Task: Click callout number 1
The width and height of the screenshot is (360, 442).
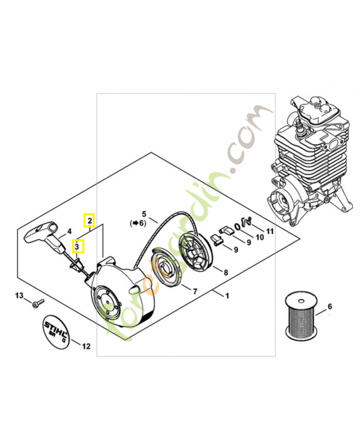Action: tap(227, 296)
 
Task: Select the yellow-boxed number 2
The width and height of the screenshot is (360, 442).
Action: tap(89, 221)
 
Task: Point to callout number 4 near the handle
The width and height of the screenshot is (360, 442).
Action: tap(70, 231)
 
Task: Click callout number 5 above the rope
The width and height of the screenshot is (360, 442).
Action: tap(144, 214)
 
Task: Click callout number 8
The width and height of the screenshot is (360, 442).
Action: tap(225, 272)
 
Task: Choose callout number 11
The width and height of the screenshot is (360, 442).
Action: tap(269, 231)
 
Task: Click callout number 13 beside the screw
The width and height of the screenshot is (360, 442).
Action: tap(19, 297)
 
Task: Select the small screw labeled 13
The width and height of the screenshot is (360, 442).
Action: tap(38, 303)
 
